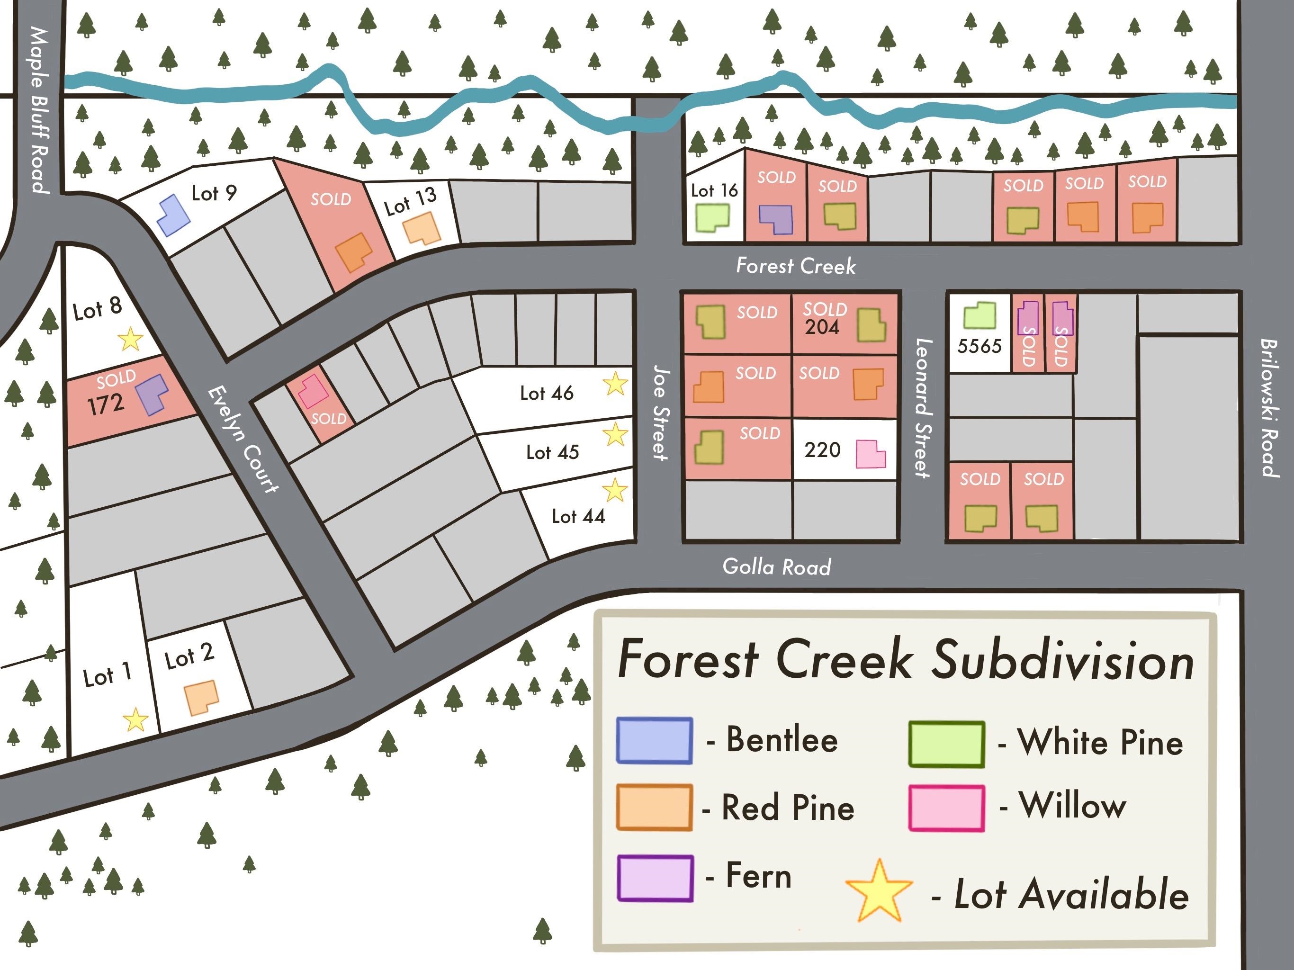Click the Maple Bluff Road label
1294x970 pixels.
(x=40, y=110)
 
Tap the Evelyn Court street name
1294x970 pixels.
(x=243, y=439)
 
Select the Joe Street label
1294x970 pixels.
(x=660, y=413)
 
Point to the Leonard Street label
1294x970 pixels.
(x=923, y=408)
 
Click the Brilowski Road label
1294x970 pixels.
(x=1268, y=408)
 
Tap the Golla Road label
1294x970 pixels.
(x=776, y=566)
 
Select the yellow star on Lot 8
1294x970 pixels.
(x=130, y=339)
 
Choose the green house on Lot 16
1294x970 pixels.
(x=712, y=218)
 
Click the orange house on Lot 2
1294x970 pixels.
(x=201, y=697)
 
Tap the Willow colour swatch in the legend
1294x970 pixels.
(x=946, y=808)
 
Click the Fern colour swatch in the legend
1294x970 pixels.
(x=655, y=878)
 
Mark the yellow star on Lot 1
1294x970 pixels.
(x=136, y=719)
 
